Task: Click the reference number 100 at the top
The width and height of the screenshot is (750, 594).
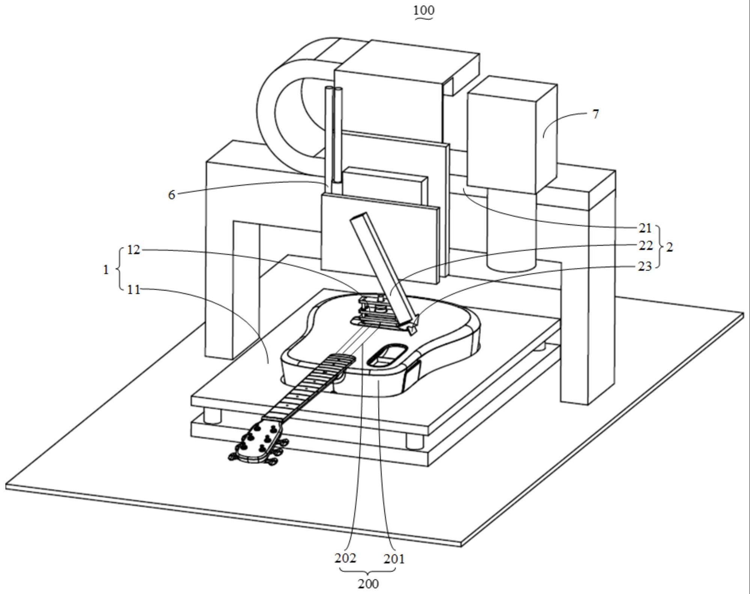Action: point(423,11)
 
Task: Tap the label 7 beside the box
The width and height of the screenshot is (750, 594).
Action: point(595,114)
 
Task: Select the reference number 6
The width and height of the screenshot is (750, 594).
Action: point(172,195)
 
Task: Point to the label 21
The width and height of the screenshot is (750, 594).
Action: point(645,228)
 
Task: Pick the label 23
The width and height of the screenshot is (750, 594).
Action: point(645,266)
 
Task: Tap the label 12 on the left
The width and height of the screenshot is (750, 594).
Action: point(134,250)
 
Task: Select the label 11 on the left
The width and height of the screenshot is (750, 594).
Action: point(134,290)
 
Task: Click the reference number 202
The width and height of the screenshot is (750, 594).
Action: point(345,558)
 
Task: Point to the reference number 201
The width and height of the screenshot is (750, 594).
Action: point(394,559)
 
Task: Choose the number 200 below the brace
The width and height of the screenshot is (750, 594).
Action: point(368,584)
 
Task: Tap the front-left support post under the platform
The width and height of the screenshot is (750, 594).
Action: point(213,416)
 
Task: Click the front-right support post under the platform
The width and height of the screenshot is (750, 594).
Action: point(414,442)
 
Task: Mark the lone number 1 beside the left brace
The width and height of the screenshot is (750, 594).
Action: point(106,269)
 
